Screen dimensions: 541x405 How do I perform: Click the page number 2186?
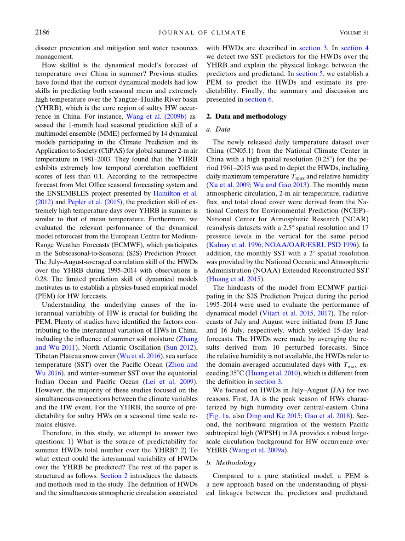click(42, 32)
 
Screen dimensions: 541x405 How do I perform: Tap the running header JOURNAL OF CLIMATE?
click(202, 33)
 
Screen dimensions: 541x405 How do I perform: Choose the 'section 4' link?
click(354, 47)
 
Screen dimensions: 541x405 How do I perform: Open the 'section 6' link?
click(259, 99)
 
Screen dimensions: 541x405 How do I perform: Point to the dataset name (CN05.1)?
click(242, 151)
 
